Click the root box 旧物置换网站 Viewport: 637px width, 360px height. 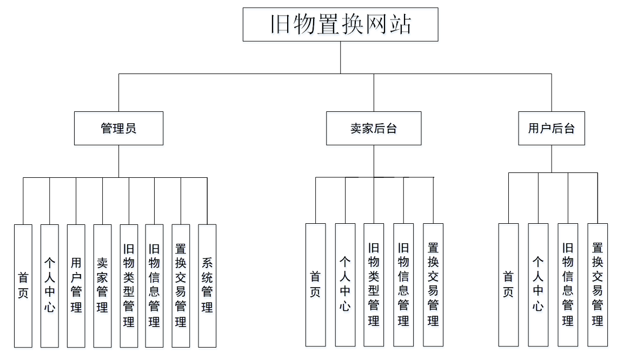tap(340, 24)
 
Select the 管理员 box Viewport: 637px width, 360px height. tap(118, 128)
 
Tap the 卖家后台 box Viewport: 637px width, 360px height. tap(374, 128)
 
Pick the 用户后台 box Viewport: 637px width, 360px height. tap(552, 128)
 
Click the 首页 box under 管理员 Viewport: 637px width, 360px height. tap(23, 285)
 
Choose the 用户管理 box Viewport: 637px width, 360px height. tap(76, 285)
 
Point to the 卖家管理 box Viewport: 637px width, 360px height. tap(102, 285)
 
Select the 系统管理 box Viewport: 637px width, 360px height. tap(207, 285)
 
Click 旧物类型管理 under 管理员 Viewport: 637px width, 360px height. tap(129, 285)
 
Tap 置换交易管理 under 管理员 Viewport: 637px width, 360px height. tap(181, 285)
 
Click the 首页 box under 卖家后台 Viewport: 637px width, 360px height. tap(315, 285)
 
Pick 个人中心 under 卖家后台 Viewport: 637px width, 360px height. tap(345, 285)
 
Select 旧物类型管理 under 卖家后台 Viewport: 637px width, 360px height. tap(374, 285)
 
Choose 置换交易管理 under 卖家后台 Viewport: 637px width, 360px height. tap(433, 285)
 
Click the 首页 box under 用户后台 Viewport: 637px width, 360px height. tap(508, 285)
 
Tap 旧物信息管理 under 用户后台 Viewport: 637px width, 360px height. tap(568, 285)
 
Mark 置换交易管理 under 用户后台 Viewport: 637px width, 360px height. tap(598, 285)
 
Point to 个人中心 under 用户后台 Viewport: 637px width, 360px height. tap(538, 285)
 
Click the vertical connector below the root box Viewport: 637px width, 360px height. tap(341, 57)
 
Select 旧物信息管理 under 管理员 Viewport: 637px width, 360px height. tap(154, 285)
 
